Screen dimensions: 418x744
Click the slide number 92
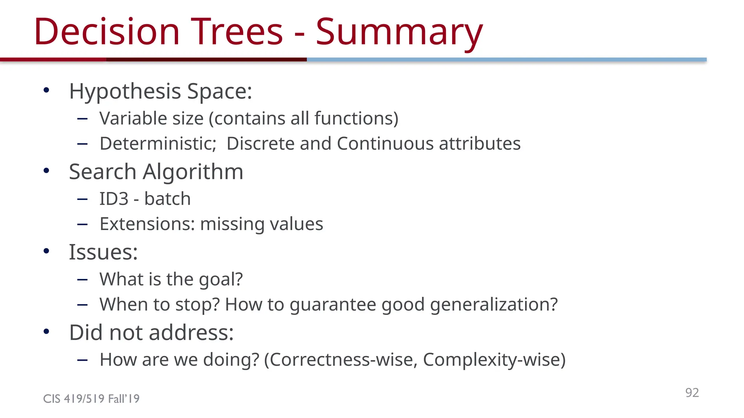(x=692, y=393)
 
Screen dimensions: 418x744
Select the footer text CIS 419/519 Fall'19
(x=91, y=399)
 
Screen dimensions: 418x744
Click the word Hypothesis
(x=125, y=91)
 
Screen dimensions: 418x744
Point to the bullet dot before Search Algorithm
(x=46, y=171)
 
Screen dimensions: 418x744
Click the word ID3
(x=114, y=199)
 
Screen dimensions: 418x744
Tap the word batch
(x=167, y=199)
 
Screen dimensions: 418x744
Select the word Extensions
(x=147, y=224)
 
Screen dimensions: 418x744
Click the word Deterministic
(x=158, y=144)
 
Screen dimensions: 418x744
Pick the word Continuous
(x=385, y=144)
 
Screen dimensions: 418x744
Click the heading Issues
(x=103, y=252)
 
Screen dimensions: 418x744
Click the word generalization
(x=493, y=304)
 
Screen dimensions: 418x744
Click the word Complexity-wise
(x=494, y=360)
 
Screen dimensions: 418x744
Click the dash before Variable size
(x=82, y=119)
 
